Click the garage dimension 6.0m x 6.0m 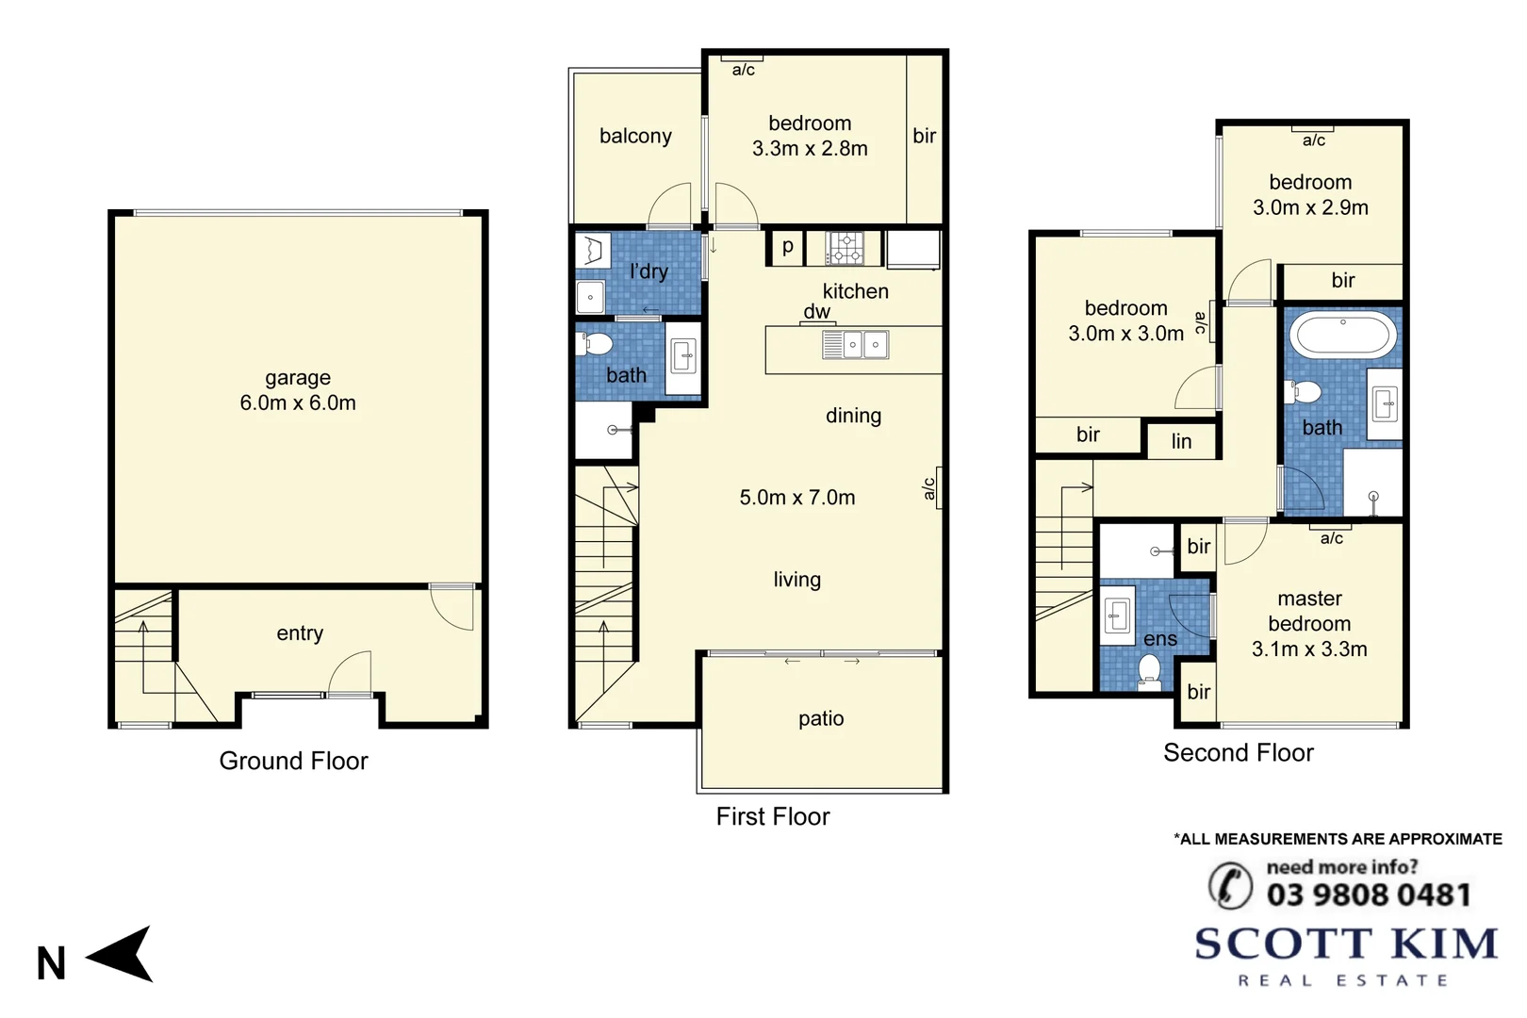(298, 403)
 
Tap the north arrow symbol (123, 954)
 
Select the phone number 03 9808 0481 (1369, 895)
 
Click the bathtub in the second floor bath (1343, 334)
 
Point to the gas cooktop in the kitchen (846, 248)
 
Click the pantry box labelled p (787, 247)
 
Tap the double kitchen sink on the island (864, 345)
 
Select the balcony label (635, 136)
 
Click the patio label (821, 718)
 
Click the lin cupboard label (1181, 441)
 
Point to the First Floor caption (773, 816)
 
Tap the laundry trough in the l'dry (593, 251)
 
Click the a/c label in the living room (929, 488)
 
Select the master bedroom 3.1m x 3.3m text (1309, 649)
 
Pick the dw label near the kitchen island (816, 312)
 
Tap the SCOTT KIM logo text (1345, 944)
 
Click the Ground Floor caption (293, 761)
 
